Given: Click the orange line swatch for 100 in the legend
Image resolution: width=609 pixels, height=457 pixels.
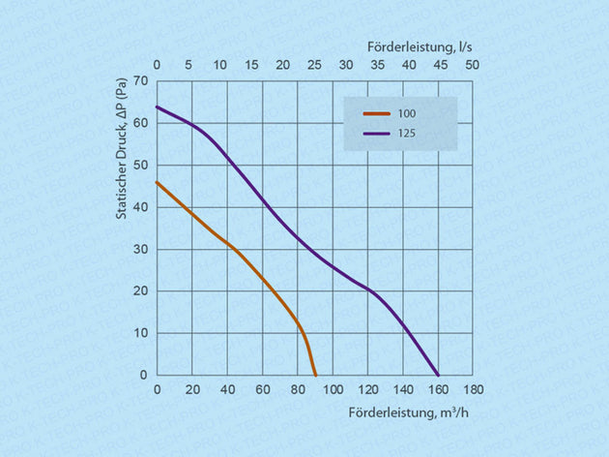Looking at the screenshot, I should (x=376, y=113).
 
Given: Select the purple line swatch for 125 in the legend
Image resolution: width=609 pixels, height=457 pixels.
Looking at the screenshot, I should (x=376, y=134).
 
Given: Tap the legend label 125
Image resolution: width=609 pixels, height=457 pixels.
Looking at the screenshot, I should (x=406, y=134).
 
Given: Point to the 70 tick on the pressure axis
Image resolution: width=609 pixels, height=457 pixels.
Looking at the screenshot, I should (x=142, y=80).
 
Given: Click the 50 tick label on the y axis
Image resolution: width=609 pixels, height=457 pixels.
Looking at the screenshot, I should (x=142, y=165).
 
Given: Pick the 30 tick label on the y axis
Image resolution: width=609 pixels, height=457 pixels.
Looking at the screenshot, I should (x=142, y=249).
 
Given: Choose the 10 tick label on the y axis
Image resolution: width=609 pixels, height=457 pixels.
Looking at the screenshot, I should (x=142, y=333).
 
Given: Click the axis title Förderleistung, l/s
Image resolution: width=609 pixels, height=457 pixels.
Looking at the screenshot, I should (x=420, y=46).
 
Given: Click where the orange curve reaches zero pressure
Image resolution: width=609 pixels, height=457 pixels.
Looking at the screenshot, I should (x=315, y=375).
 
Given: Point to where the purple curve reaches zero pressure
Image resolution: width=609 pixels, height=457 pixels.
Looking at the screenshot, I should (x=438, y=375).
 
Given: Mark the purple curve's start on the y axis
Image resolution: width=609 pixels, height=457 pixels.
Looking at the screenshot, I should (x=158, y=107).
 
